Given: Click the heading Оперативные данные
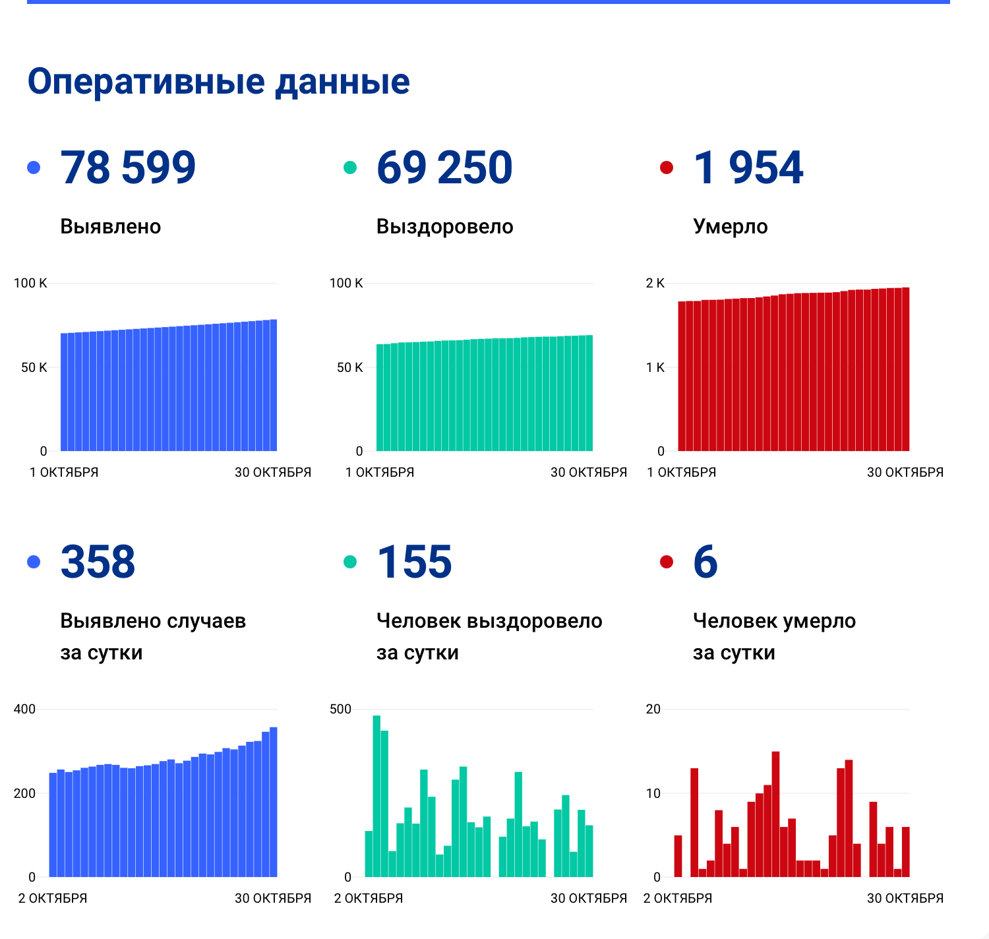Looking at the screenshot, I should pyautogui.click(x=218, y=82).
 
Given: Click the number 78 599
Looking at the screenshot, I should pyautogui.click(x=128, y=167).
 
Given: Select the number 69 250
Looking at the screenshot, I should pyautogui.click(x=444, y=167).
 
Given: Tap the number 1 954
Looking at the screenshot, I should pyautogui.click(x=748, y=167).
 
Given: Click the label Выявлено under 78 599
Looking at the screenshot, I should pyautogui.click(x=111, y=227).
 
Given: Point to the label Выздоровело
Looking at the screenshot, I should pyautogui.click(x=445, y=227).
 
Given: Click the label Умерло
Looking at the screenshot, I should pyautogui.click(x=731, y=227).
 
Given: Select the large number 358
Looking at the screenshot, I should pyautogui.click(x=98, y=562).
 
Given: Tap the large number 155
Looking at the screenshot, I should pyautogui.click(x=414, y=562).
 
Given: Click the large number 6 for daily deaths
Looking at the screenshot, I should pyautogui.click(x=705, y=562).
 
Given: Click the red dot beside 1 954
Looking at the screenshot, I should pyautogui.click(x=667, y=167).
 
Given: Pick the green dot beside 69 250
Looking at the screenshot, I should pyautogui.click(x=350, y=167).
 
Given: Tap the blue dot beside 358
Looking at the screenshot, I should pyautogui.click(x=34, y=562).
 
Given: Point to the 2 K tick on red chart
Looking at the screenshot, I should pyautogui.click(x=655, y=284).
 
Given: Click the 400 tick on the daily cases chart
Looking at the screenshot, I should pyautogui.click(x=25, y=710).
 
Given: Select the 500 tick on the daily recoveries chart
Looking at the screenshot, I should pyautogui.click(x=341, y=710).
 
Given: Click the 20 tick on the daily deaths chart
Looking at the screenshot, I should pyautogui.click(x=653, y=710).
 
